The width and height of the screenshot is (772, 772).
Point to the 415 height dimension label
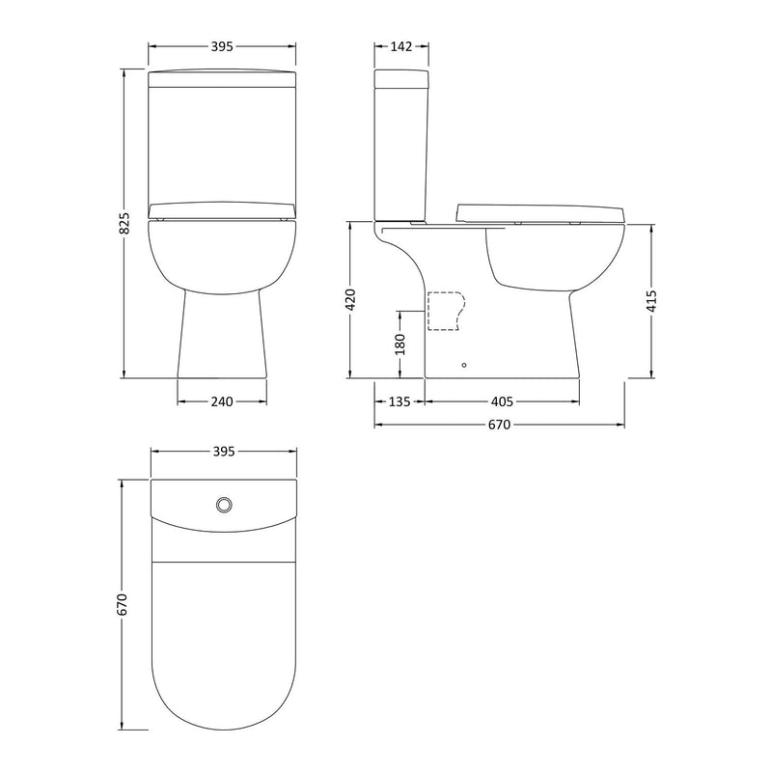[651, 299]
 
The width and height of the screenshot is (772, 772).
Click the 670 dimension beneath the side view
[500, 424]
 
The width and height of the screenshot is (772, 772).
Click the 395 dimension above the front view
[222, 46]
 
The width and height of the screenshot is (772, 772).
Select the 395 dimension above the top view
[222, 451]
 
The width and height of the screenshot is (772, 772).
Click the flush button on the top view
[224, 503]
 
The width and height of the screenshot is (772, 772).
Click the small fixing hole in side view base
[464, 365]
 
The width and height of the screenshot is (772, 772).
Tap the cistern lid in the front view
[222, 75]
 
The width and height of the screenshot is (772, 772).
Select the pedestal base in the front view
[222, 338]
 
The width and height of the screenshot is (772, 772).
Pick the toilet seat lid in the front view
[222, 209]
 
